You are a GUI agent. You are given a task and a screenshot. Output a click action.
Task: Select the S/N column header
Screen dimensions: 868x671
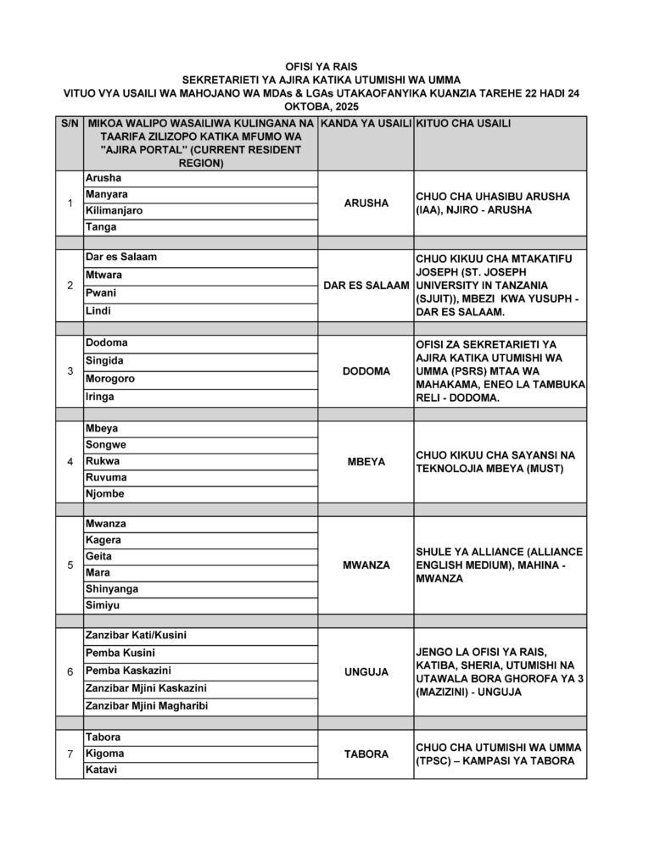[x=70, y=124]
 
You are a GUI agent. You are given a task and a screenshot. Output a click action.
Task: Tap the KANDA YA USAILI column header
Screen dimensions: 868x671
[x=366, y=124]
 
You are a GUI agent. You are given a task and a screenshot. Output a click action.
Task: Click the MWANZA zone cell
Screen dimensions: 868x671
[x=366, y=565]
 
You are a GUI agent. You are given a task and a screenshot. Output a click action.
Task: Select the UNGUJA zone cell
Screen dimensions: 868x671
[x=366, y=672]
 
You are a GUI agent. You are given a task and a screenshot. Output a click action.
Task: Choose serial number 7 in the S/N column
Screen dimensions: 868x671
[x=70, y=754]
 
